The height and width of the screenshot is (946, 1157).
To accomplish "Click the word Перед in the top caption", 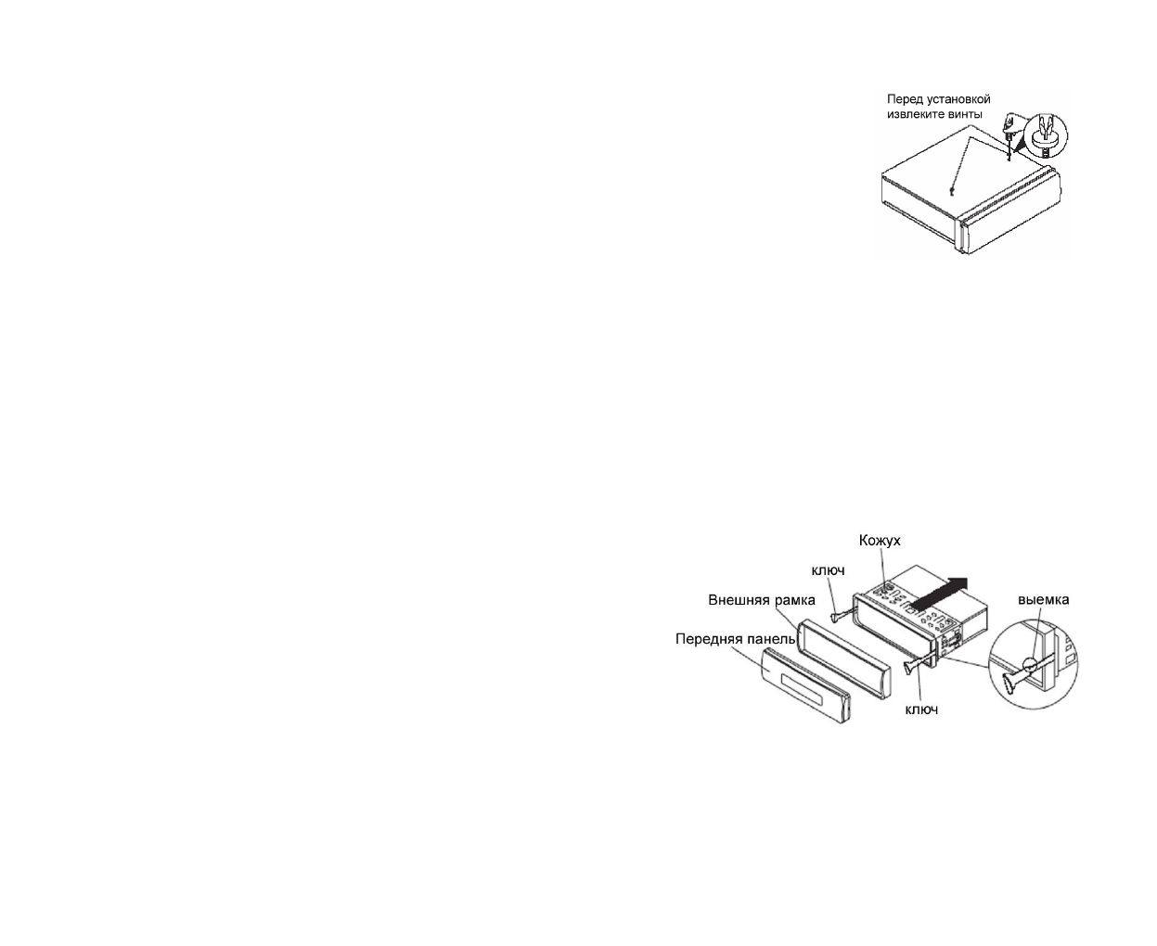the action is [905, 99].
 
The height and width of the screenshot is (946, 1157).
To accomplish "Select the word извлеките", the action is [915, 114].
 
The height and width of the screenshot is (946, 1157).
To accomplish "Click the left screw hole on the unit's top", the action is [953, 191].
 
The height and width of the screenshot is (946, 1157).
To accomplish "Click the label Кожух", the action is [880, 540].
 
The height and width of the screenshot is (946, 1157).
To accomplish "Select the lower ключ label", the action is [920, 709].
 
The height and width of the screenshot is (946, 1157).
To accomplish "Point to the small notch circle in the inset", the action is [1032, 665].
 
